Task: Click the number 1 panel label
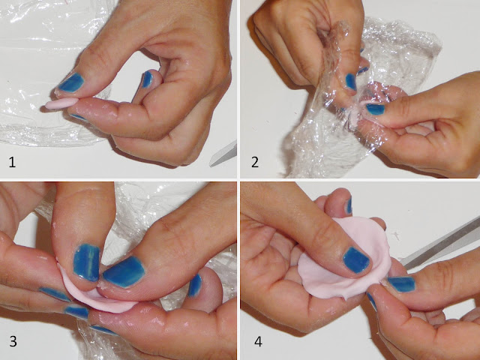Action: pyautogui.click(x=12, y=162)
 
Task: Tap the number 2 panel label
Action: pyautogui.click(x=255, y=162)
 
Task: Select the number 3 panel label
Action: pyautogui.click(x=13, y=341)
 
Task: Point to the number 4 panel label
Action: pyautogui.click(x=258, y=341)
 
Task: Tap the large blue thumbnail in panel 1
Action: pyautogui.click(x=71, y=82)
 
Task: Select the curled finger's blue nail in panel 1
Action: pyautogui.click(x=147, y=79)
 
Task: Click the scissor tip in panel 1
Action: pyautogui.click(x=211, y=165)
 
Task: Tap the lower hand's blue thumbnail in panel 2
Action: pyautogui.click(x=375, y=109)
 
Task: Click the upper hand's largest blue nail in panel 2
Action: pyautogui.click(x=351, y=82)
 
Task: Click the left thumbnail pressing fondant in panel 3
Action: pyautogui.click(x=87, y=262)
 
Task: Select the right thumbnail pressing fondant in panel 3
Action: pyautogui.click(x=124, y=272)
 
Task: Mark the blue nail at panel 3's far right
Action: pyautogui.click(x=195, y=286)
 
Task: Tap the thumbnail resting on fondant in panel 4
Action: pyautogui.click(x=356, y=260)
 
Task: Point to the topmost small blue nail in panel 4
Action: pyautogui.click(x=349, y=205)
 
